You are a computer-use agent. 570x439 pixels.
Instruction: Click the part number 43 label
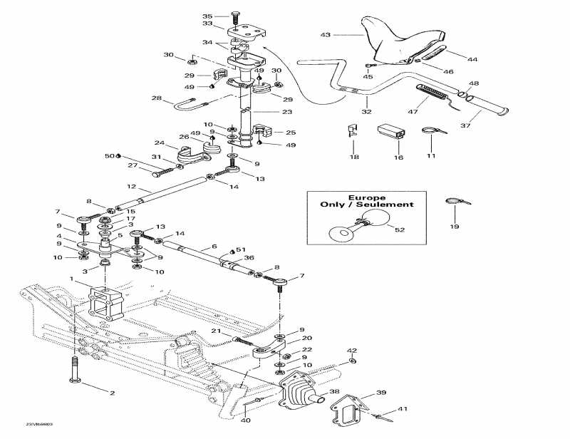326,33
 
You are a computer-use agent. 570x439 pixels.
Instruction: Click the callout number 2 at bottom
112,393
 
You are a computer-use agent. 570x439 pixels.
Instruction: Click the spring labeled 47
433,92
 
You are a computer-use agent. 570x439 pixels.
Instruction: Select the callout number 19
454,227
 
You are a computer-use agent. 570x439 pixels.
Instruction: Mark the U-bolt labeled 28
189,108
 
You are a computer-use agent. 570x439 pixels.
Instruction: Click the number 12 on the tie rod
131,187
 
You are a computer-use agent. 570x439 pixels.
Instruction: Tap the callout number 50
109,155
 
